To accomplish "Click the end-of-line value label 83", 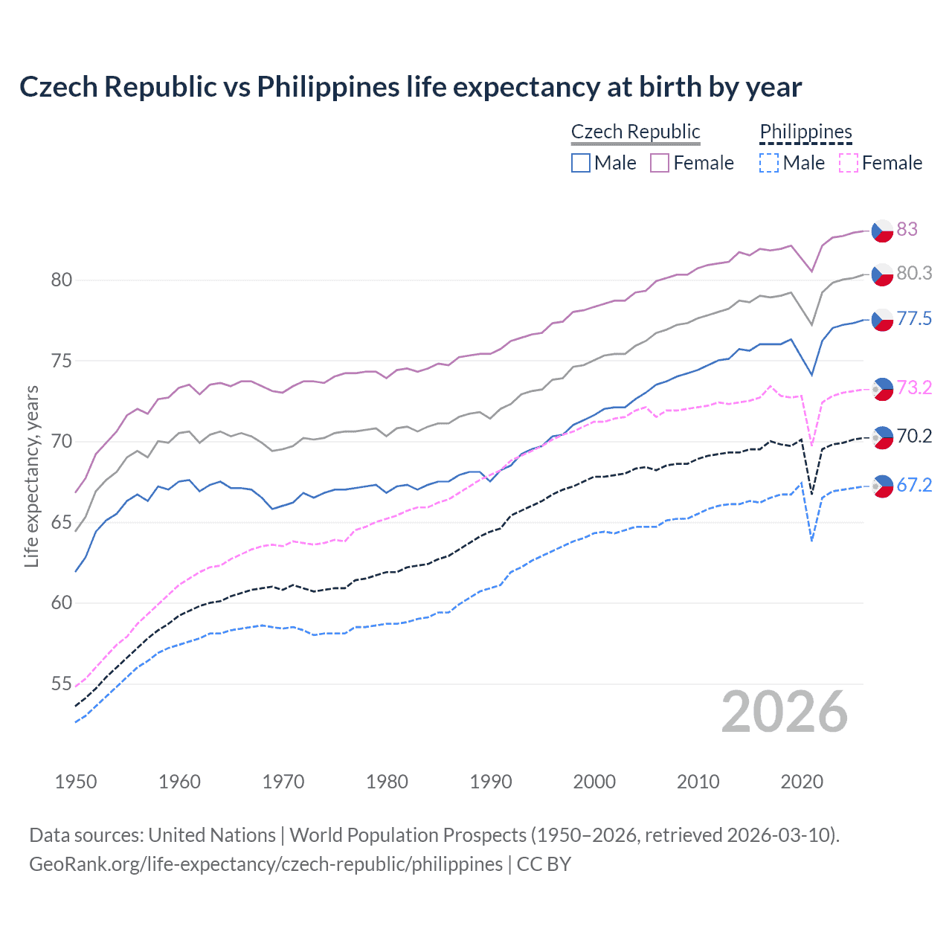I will [x=907, y=229].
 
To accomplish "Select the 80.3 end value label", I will [x=914, y=274].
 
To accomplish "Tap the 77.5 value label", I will [x=914, y=319].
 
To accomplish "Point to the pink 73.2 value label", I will [x=914, y=387].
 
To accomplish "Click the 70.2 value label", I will [x=914, y=436].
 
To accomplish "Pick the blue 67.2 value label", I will [x=914, y=486].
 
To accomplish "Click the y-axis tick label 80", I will [x=62, y=280].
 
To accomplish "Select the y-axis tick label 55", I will [x=62, y=684].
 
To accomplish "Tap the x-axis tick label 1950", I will [x=76, y=782].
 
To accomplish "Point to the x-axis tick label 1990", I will [x=491, y=782].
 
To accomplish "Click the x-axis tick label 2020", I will [x=802, y=782].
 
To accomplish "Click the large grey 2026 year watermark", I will [x=785, y=713].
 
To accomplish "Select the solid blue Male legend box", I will [x=581, y=163].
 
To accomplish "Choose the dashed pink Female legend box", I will [x=849, y=163].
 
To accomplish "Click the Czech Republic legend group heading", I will [x=635, y=132].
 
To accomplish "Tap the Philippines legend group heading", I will [x=805, y=132].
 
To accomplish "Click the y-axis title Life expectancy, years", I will [x=32, y=476].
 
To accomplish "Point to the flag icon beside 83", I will [x=882, y=231].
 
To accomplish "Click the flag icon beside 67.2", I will [x=882, y=486].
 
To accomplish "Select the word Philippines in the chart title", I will [x=328, y=87].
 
